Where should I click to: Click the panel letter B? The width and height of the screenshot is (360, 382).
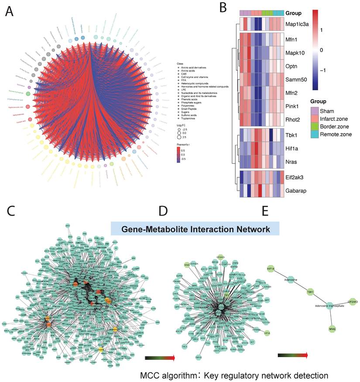[x=223, y=7]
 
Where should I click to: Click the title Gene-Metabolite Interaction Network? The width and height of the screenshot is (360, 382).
[x=195, y=228]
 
